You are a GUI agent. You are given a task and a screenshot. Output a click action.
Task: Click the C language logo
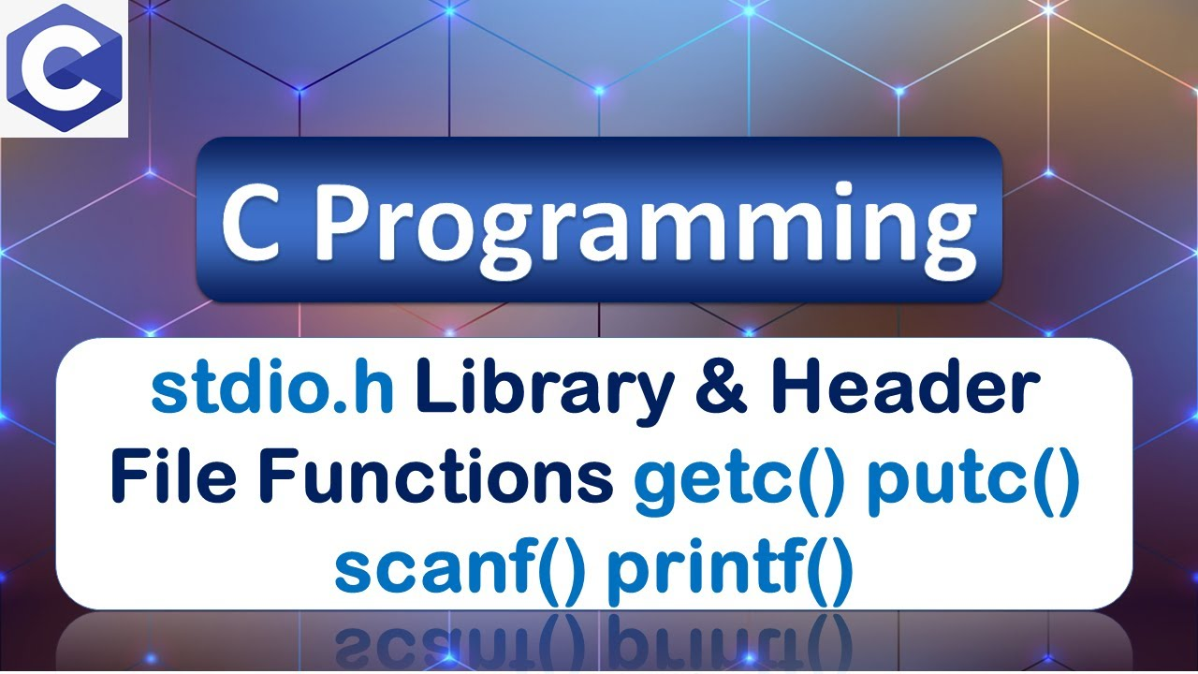click(64, 68)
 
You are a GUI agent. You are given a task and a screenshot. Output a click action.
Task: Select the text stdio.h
click(271, 393)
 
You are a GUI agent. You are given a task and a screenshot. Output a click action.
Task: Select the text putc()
click(973, 479)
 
